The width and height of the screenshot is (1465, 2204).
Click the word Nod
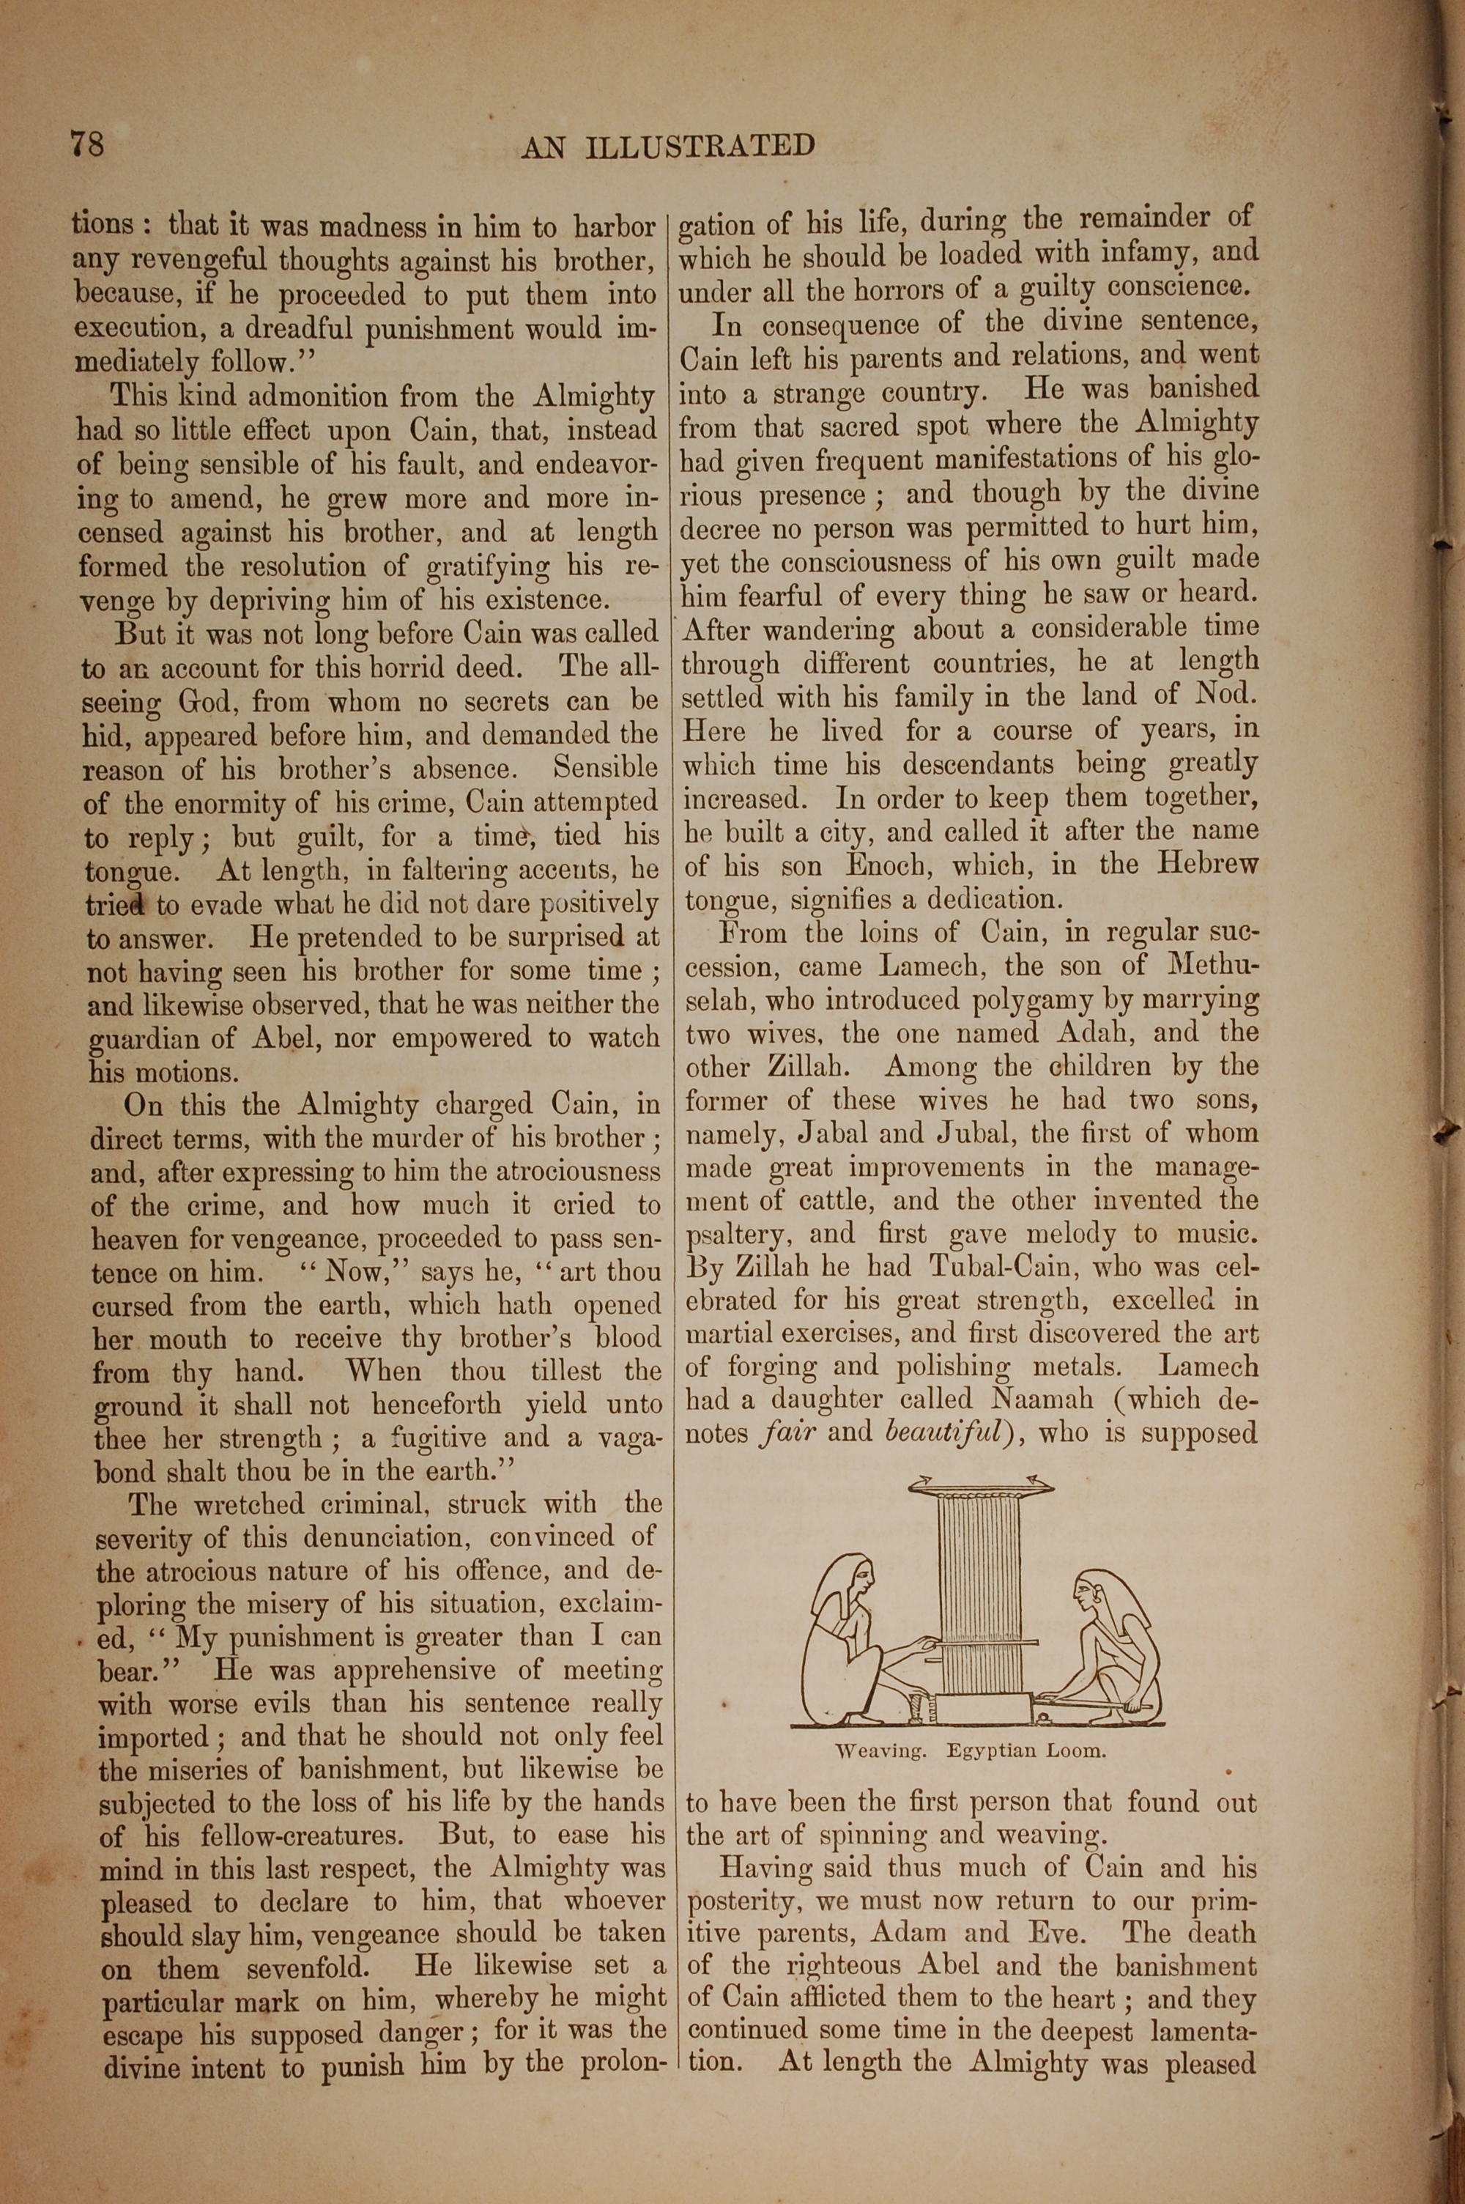click(x=1227, y=694)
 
